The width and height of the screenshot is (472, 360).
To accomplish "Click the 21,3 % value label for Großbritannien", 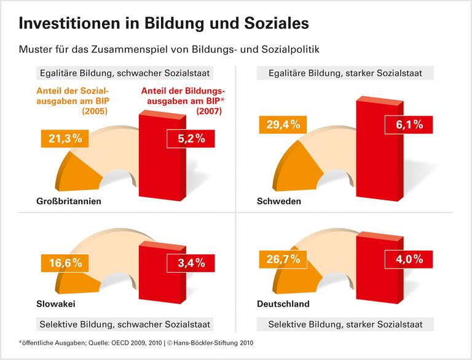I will (x=63, y=139).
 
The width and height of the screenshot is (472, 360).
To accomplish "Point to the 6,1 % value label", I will (x=408, y=125).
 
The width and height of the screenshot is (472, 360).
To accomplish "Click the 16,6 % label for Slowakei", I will (x=63, y=264).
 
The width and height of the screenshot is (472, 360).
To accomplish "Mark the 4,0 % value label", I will (x=408, y=259).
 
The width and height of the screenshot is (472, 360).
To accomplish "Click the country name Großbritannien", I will (x=68, y=201).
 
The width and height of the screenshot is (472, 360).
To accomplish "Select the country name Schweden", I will (x=278, y=201).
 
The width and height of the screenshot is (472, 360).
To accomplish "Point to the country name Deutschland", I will (x=283, y=303).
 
